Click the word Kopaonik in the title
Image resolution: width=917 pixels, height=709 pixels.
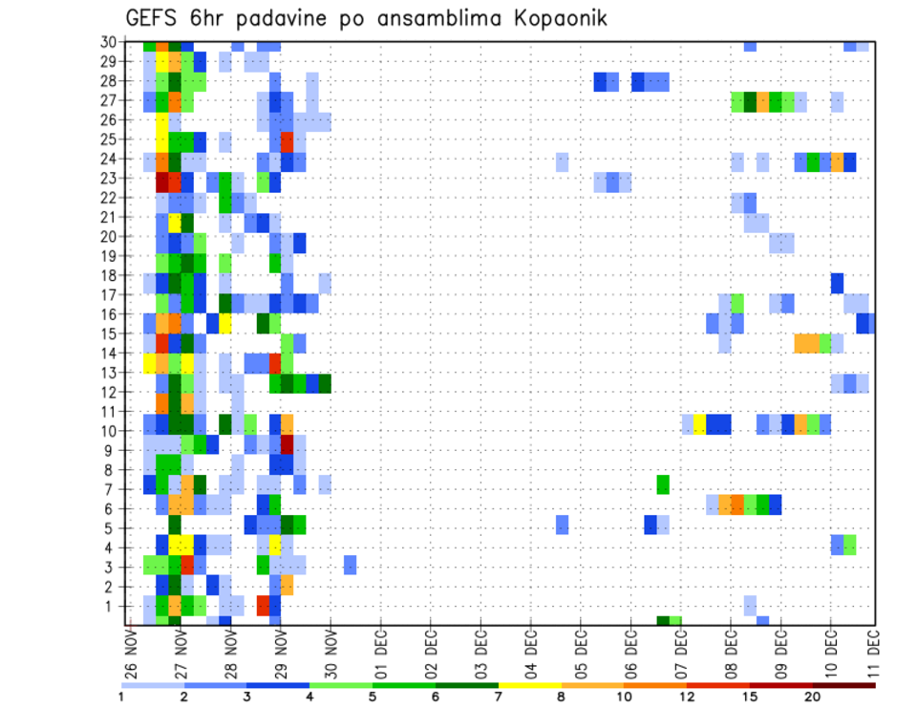pyautogui.click(x=558, y=19)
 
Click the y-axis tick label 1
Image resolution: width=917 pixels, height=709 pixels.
pyautogui.click(x=111, y=606)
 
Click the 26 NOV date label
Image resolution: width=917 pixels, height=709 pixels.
pyautogui.click(x=131, y=654)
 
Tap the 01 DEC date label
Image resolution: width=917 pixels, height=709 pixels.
pyautogui.click(x=381, y=654)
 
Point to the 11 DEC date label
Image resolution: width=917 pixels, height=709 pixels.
pyautogui.click(x=872, y=654)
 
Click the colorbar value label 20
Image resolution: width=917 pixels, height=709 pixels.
pyautogui.click(x=812, y=697)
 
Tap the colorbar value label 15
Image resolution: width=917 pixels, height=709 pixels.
pyautogui.click(x=749, y=697)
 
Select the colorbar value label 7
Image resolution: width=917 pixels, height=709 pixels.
pyautogui.click(x=498, y=697)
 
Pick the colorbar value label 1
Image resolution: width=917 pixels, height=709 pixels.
pyautogui.click(x=121, y=697)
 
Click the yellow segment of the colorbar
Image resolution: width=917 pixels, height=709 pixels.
pyautogui.click(x=529, y=684)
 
